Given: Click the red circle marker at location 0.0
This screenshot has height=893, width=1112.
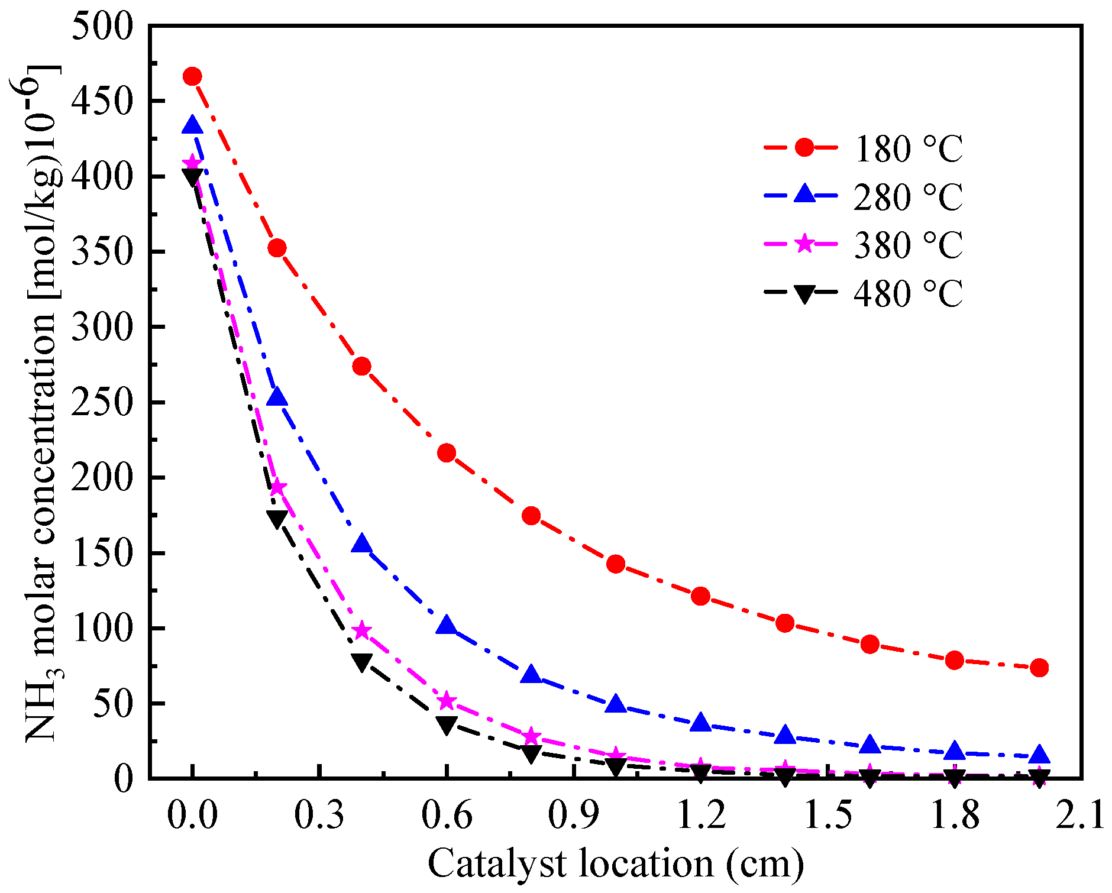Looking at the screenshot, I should [x=192, y=76].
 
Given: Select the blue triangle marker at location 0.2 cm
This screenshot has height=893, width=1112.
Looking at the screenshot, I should [x=277, y=397].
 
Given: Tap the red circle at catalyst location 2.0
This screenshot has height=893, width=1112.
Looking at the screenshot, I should [x=1039, y=668].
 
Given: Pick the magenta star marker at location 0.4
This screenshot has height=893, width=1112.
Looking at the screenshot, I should [x=362, y=631].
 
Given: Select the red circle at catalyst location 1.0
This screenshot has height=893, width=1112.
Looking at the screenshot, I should [x=616, y=564].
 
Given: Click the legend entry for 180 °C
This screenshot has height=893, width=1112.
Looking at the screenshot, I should [x=908, y=148].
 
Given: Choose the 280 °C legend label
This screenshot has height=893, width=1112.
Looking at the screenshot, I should [x=908, y=197].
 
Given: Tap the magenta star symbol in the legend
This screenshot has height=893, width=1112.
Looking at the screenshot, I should [x=804, y=243].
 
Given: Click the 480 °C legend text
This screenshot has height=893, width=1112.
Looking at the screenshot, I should [x=908, y=294].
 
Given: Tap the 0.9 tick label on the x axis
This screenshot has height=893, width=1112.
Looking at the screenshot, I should [x=573, y=815].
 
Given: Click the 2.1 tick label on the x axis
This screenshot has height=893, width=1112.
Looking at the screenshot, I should [x=1080, y=815].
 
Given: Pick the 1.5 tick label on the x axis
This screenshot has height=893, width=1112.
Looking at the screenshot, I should [x=827, y=815].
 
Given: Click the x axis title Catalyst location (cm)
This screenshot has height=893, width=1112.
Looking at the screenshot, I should [x=615, y=864].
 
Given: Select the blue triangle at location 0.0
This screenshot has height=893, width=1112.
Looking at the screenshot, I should [x=192, y=126].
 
